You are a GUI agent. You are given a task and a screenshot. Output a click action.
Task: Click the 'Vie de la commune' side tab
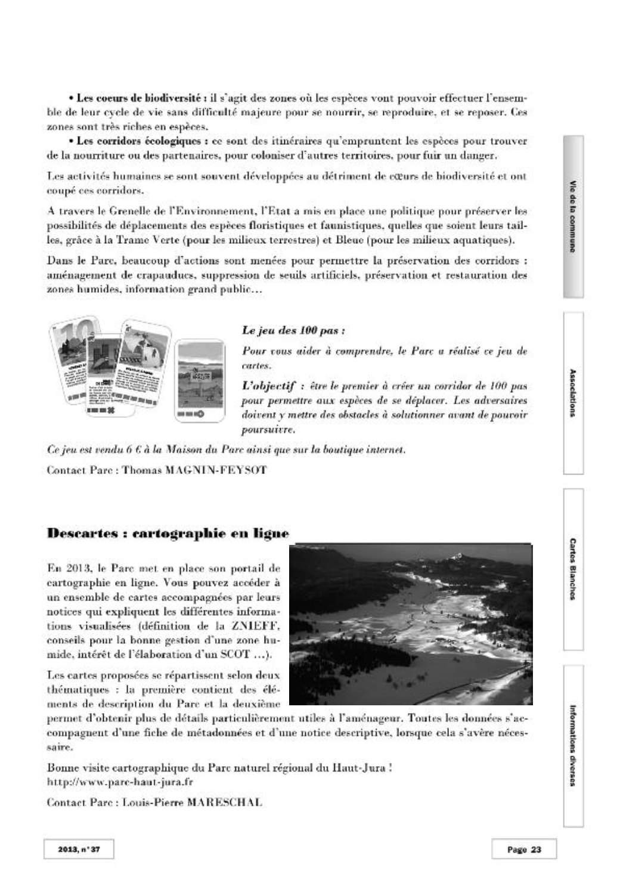tap(573, 217)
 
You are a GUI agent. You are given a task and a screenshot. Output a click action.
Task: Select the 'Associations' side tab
tap(573, 393)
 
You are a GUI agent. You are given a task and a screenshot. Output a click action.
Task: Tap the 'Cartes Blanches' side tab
tap(573, 569)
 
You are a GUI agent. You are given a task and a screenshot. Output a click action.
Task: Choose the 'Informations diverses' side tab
tap(573, 745)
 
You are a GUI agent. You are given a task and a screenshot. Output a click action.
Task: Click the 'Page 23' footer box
tap(524, 850)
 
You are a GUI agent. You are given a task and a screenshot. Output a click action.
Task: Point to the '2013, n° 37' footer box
tap(79, 850)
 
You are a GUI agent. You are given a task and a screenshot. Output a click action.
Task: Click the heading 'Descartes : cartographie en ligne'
tap(168, 533)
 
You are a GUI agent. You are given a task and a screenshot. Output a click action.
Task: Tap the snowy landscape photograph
tap(411, 624)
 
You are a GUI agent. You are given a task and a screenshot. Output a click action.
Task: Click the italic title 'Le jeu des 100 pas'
tap(293, 330)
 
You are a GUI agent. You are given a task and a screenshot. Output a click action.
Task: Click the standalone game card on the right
tap(201, 380)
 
